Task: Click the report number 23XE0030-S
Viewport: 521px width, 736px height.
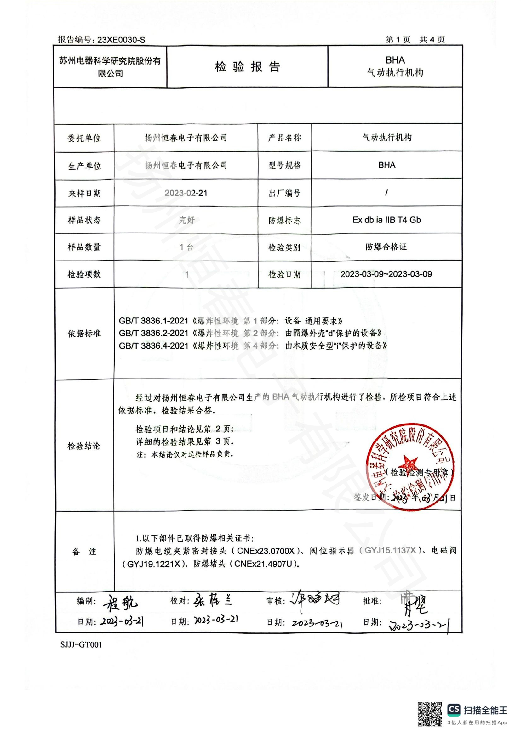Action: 121,40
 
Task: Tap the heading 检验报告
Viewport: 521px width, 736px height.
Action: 247,67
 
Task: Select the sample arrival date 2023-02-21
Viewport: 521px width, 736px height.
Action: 186,193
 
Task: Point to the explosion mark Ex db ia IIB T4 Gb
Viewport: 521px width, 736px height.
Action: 386,220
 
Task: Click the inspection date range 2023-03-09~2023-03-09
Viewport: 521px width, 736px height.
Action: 386,274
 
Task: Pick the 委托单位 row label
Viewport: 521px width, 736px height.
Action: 84,138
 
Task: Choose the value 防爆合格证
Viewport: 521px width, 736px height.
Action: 386,247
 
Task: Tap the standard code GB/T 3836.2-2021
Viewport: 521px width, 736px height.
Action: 153,333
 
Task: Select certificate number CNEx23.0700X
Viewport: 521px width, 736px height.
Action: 266,551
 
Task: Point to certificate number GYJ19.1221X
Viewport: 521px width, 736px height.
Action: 154,564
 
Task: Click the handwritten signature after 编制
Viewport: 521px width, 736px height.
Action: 120,602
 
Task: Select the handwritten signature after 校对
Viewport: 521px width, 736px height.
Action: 213,600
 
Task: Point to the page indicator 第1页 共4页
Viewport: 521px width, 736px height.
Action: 415,40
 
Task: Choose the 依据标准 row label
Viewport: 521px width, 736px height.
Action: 84,333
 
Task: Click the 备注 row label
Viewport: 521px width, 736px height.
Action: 84,551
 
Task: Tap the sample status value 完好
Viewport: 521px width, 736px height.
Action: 186,220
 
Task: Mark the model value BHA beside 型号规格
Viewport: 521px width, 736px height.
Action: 386,165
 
